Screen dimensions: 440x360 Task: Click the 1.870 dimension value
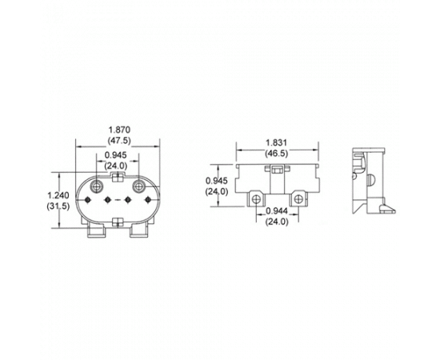tap(119, 130)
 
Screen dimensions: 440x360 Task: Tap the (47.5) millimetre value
tap(119, 140)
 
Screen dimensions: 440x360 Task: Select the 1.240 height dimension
tap(58, 195)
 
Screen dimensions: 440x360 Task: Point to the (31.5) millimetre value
tap(58, 206)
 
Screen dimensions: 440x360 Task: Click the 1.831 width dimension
tap(277, 142)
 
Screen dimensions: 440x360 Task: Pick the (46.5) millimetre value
tap(277, 154)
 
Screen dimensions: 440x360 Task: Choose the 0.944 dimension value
tap(277, 210)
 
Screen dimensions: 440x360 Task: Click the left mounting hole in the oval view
tap(97, 186)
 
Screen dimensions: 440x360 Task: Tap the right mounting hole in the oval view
tap(138, 186)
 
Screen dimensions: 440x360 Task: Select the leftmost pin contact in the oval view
tap(87, 200)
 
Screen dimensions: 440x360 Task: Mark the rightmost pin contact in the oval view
tap(148, 200)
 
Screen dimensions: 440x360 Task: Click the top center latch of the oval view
tap(118, 177)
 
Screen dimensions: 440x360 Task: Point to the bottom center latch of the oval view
tap(118, 222)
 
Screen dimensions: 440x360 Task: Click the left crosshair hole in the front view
tap(256, 199)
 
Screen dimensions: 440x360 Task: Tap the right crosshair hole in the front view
tap(298, 199)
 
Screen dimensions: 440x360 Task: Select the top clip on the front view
tap(277, 170)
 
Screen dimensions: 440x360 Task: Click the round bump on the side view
tap(370, 179)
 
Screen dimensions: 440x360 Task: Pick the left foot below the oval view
tap(97, 232)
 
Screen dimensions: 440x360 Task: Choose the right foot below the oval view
tap(139, 232)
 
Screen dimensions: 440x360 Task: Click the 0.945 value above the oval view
tap(116, 155)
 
